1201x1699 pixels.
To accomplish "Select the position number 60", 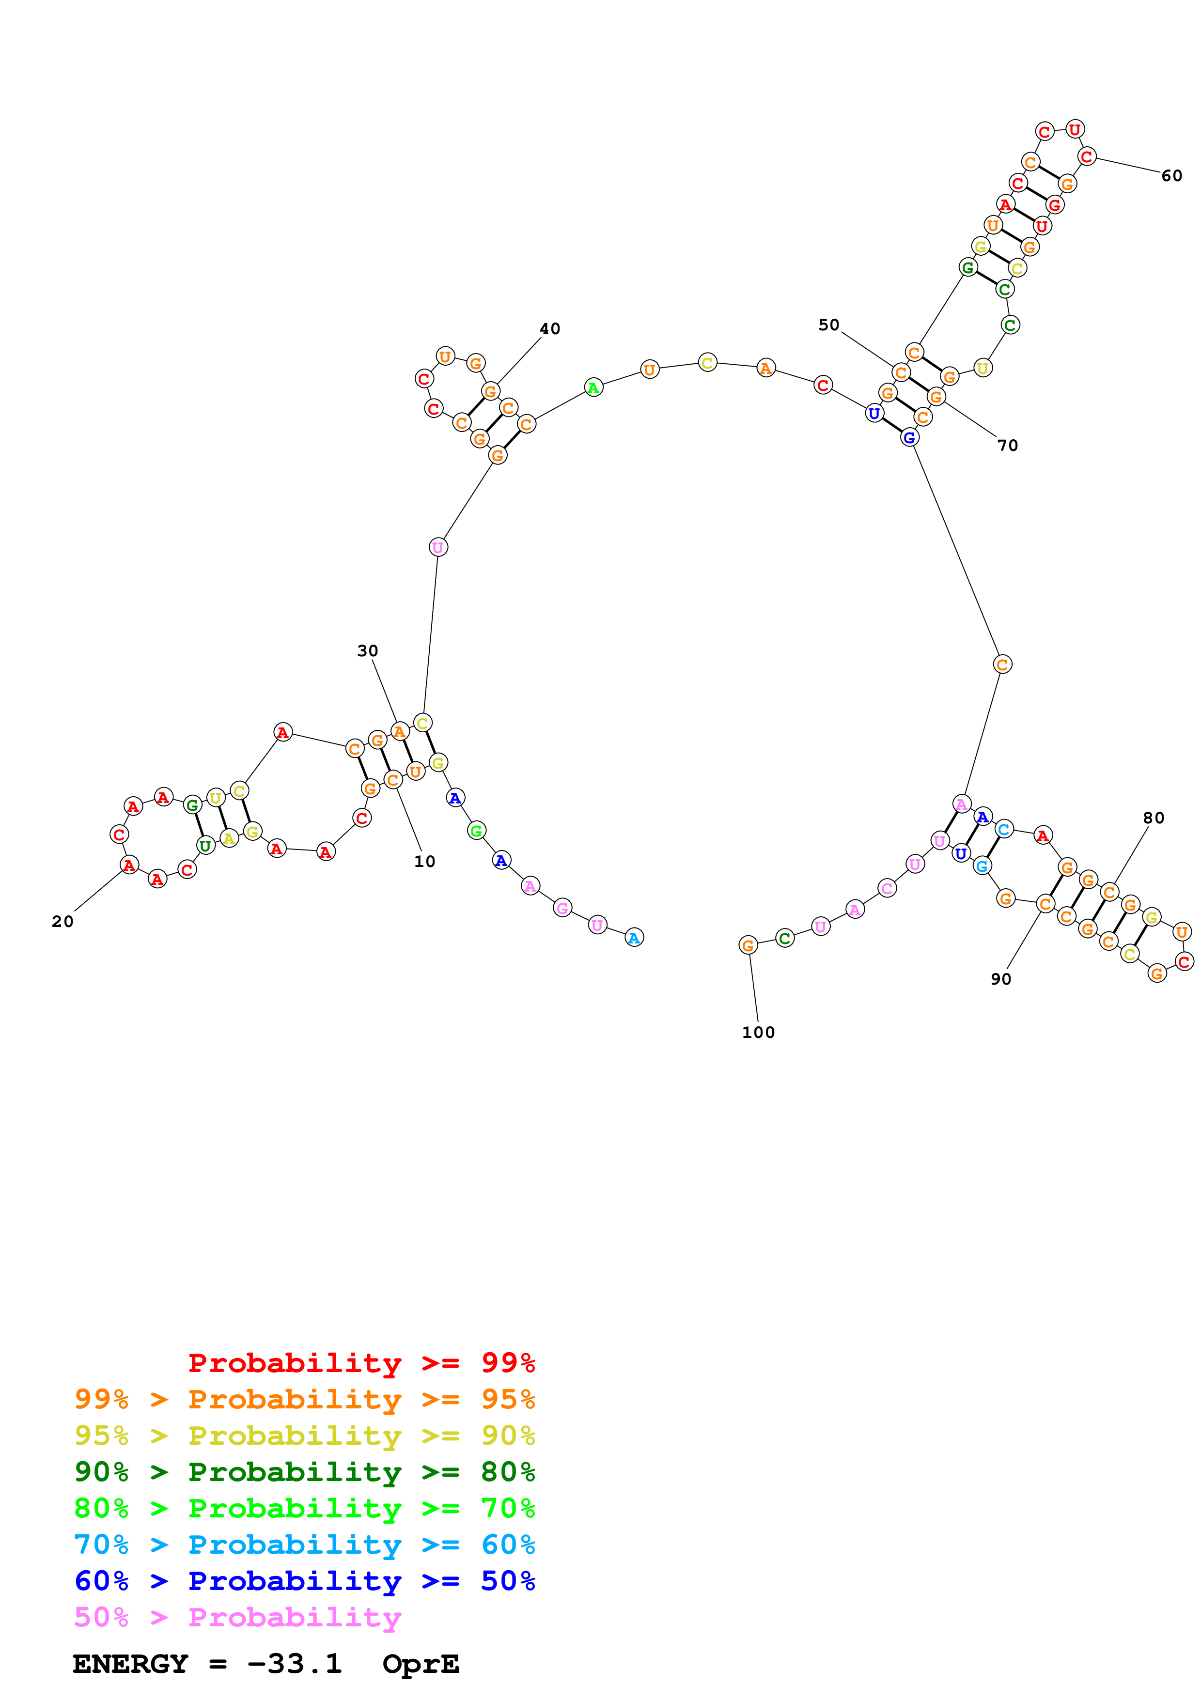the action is (1171, 175).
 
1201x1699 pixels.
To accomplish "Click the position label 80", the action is (1154, 818).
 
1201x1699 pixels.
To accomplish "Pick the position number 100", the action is (759, 1032).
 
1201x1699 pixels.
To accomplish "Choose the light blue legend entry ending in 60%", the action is (305, 1545).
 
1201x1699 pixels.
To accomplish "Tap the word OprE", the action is (421, 1664).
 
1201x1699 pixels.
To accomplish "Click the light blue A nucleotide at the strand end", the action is (634, 938).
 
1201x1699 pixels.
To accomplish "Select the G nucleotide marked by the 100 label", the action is (748, 945).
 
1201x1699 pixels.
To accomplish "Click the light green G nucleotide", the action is (477, 831).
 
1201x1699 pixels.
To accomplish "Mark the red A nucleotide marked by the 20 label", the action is (129, 865).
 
